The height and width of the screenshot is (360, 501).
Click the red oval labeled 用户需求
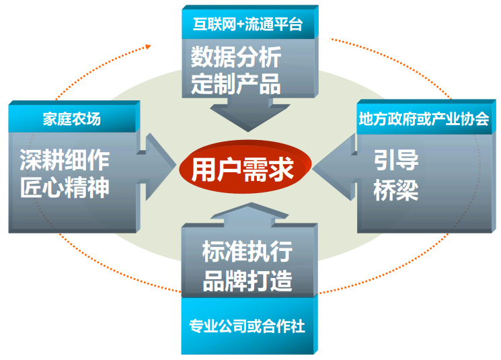[x=245, y=169]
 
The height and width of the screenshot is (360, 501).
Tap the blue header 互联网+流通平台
[x=247, y=25]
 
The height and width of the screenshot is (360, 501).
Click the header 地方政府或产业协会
[x=423, y=120]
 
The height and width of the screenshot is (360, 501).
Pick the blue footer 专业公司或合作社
[x=247, y=327]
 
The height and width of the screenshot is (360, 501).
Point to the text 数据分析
[x=235, y=57]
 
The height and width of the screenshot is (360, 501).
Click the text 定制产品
[x=235, y=85]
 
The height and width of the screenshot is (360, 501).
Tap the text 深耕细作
[x=65, y=159]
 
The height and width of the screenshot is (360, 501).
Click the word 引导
[x=397, y=160]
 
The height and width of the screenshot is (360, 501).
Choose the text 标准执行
[x=247, y=252]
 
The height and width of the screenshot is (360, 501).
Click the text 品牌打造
[x=247, y=281]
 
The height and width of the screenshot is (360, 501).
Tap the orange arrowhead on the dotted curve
[x=149, y=46]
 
